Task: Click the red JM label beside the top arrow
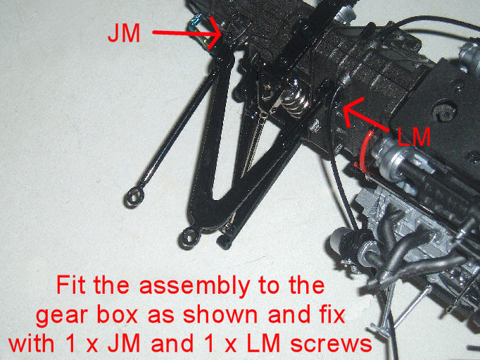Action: click(124, 33)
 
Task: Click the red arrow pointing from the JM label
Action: click(187, 33)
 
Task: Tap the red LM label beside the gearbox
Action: click(414, 137)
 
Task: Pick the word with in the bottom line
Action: click(32, 343)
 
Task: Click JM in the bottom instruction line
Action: click(124, 344)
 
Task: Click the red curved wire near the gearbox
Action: click(366, 150)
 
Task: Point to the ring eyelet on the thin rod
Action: click(134, 198)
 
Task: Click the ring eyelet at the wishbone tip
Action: click(188, 237)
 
